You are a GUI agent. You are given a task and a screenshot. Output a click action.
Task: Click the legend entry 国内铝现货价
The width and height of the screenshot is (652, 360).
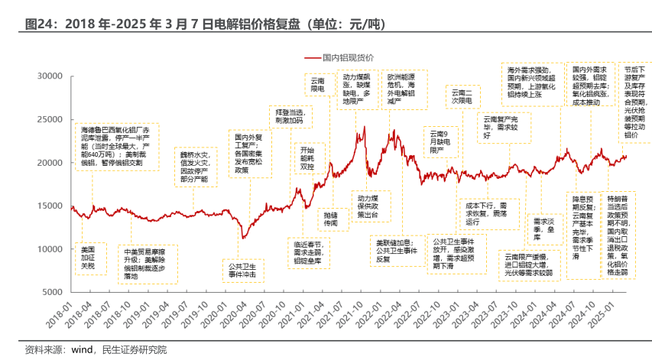[x=348, y=58]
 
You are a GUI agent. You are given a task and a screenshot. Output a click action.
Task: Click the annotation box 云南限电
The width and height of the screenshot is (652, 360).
[x=316, y=84]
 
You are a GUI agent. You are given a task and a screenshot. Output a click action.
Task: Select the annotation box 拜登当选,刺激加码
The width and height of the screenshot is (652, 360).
[x=289, y=116]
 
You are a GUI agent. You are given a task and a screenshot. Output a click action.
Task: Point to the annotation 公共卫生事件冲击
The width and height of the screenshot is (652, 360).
[x=242, y=271]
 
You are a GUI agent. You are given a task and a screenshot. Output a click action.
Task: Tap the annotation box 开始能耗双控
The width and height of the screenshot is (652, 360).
[x=307, y=158]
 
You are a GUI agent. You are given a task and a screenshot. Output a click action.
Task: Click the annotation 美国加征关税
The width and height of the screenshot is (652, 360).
[x=88, y=258]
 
